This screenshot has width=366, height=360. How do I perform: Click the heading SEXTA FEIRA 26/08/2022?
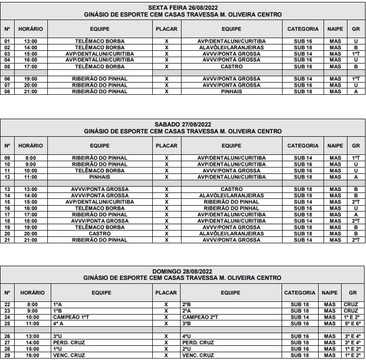pos(183,8)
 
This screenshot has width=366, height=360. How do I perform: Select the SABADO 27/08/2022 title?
pos(183,125)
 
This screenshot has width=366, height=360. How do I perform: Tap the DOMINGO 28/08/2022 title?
pos(183,271)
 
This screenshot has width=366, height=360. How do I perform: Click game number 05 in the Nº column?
pos(7,66)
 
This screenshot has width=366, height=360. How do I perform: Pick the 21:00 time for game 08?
pos(31,91)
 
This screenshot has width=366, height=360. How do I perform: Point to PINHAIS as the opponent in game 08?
pos(231,91)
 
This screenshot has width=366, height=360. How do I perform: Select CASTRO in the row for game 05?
pos(231,66)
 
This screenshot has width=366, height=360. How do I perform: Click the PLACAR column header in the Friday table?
pos(166,29)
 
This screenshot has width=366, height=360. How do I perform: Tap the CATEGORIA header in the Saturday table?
pos(303,146)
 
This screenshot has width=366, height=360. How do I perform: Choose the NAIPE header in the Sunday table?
pos(329,293)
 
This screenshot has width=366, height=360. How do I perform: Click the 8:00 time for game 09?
pos(31,158)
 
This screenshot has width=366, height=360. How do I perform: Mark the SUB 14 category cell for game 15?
pos(303,202)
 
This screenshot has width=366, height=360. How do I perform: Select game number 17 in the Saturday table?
pos(7,214)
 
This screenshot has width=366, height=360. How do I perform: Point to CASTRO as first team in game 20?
pos(100,233)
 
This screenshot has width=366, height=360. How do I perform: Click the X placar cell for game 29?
pos(166,355)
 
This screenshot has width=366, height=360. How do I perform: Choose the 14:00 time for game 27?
pos(32,342)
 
